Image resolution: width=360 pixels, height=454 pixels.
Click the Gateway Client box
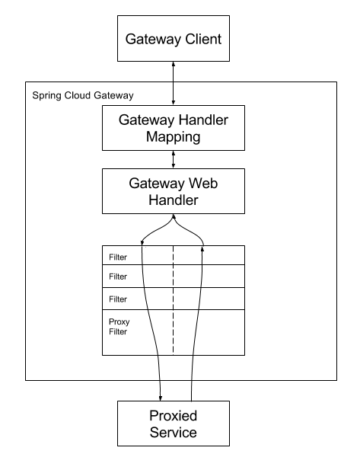pos(174,39)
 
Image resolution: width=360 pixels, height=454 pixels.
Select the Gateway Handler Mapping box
pos(174,128)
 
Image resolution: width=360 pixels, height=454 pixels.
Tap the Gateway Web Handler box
pos(174,191)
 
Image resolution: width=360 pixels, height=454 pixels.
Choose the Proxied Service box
pos(174,424)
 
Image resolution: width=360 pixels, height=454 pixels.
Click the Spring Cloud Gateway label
pos(83,95)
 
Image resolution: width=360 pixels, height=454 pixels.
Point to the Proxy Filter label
pos(119,327)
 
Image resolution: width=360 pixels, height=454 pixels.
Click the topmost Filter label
pos(118,257)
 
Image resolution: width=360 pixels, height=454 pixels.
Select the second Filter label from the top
pos(118,277)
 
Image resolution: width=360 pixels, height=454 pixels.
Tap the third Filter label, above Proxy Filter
pos(118,299)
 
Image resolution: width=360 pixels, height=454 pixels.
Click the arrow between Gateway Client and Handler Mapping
pos(174,83)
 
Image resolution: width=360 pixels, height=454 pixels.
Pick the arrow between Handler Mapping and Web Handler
pos(174,159)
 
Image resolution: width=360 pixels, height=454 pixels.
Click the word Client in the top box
pos(203,39)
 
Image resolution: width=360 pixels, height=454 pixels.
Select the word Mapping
pos(173,137)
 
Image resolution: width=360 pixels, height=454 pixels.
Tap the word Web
pos(202,184)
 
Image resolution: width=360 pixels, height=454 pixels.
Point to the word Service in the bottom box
pos(173,432)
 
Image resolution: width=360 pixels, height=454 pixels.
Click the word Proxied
pos(173,416)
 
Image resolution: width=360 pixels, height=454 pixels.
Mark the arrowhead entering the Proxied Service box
pos(161,398)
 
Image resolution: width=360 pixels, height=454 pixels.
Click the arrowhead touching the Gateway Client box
pos(174,64)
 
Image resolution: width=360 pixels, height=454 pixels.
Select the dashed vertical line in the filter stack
pos(174,300)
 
